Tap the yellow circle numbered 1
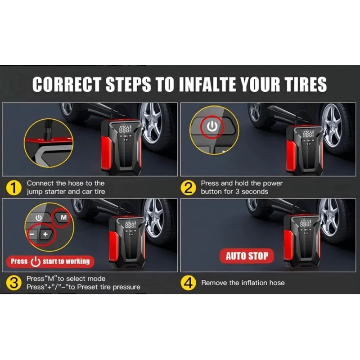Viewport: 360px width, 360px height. (x=13, y=188)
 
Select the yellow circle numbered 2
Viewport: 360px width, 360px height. (x=188, y=188)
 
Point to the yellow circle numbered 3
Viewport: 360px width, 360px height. (x=14, y=283)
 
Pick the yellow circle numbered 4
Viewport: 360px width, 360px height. (x=188, y=283)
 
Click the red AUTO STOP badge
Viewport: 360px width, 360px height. (x=247, y=256)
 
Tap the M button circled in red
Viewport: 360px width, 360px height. (x=63, y=217)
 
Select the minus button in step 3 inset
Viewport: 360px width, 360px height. (x=32, y=234)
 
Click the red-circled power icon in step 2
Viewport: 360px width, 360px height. (x=212, y=126)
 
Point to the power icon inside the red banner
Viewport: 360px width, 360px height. (x=36, y=262)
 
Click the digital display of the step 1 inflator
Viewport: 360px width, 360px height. (x=125, y=129)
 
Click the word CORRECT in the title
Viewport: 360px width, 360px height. (x=67, y=84)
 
